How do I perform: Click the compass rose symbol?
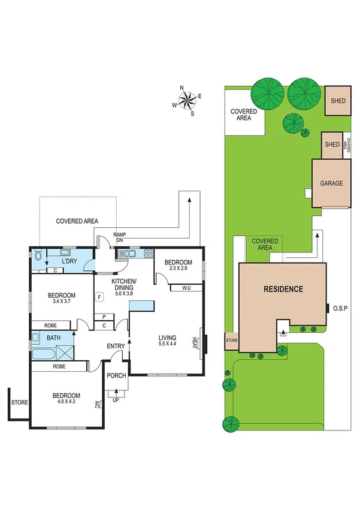pos(187,100)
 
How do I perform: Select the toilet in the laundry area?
pos(39,256)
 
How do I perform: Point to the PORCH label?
pos(116,376)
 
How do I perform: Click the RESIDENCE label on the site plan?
pos(283,289)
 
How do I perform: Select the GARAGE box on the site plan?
pos(331,183)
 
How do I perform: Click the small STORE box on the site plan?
pos(231,341)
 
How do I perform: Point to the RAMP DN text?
pos(119,237)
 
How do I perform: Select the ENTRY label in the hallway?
pos(116,346)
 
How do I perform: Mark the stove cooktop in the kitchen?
pos(147,254)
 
